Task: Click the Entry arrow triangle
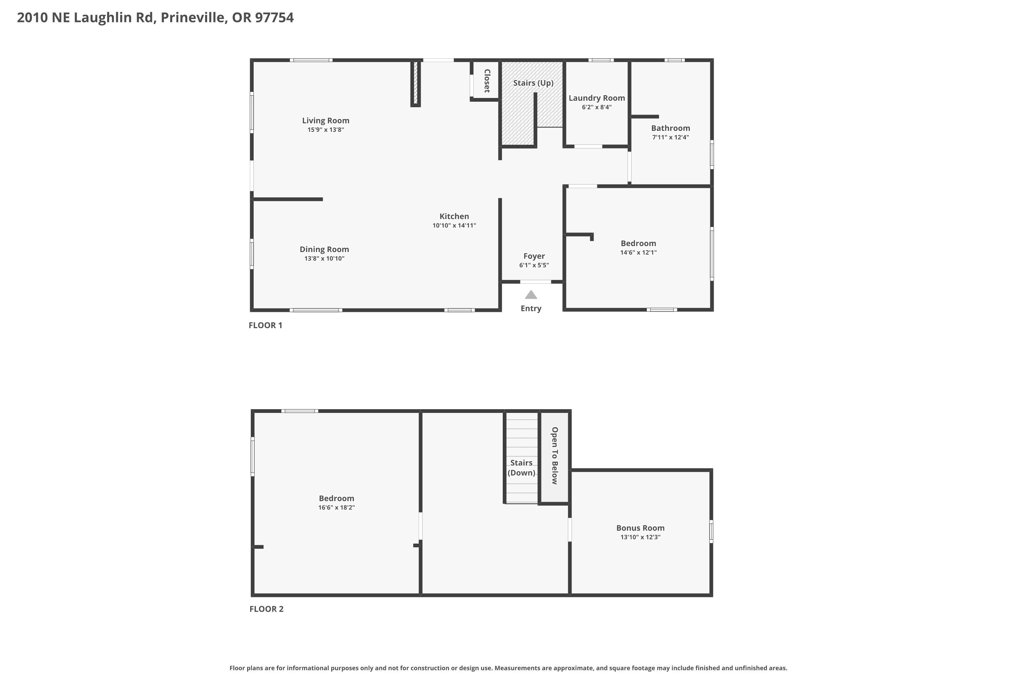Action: click(x=531, y=295)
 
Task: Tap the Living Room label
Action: click(x=325, y=121)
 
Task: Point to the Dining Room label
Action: click(x=324, y=250)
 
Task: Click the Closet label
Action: click(x=487, y=81)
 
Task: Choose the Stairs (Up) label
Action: click(x=533, y=83)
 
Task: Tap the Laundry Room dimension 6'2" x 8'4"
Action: click(x=597, y=107)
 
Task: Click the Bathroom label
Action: click(x=671, y=128)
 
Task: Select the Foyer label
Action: click(x=534, y=256)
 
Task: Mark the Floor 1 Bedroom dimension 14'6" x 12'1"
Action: click(x=638, y=253)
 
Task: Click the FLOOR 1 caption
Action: click(x=265, y=325)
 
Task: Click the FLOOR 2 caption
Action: click(x=266, y=609)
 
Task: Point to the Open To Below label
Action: click(x=555, y=455)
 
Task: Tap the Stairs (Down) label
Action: click(x=521, y=467)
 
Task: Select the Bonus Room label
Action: click(x=640, y=528)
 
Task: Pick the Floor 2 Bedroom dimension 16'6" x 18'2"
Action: click(x=336, y=507)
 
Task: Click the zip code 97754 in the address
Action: click(x=274, y=17)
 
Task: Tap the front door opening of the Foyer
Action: click(x=535, y=282)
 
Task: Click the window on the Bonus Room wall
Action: click(x=711, y=532)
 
